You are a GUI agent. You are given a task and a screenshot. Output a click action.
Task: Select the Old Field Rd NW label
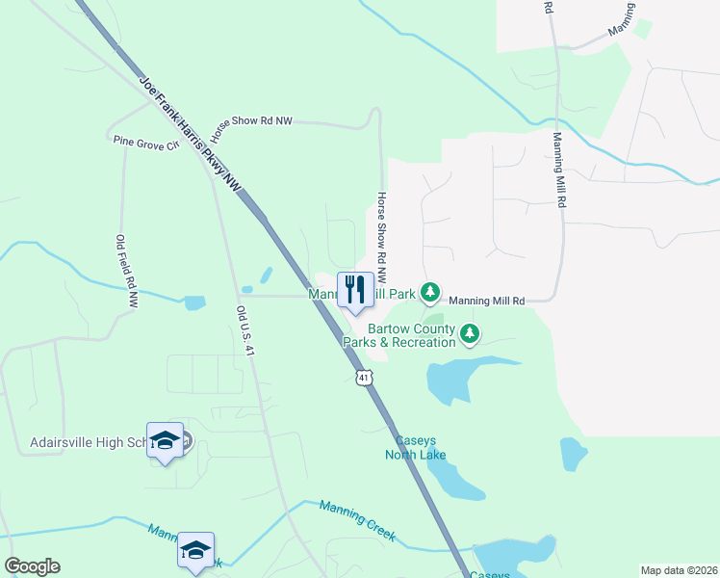[124, 272]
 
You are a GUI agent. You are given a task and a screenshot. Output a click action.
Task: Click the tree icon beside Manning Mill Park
[430, 291]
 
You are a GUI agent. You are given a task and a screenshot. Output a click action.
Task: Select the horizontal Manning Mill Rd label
[486, 302]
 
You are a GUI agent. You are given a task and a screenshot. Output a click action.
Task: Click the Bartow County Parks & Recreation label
[399, 335]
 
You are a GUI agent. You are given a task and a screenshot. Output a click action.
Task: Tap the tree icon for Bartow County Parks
[470, 334]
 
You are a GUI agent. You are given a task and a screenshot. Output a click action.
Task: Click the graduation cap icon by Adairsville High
[165, 439]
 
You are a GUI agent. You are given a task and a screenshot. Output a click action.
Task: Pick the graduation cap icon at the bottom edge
[195, 550]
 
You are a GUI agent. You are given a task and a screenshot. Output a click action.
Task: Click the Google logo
[32, 566]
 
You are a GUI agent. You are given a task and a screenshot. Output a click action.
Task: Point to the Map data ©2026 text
[679, 570]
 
